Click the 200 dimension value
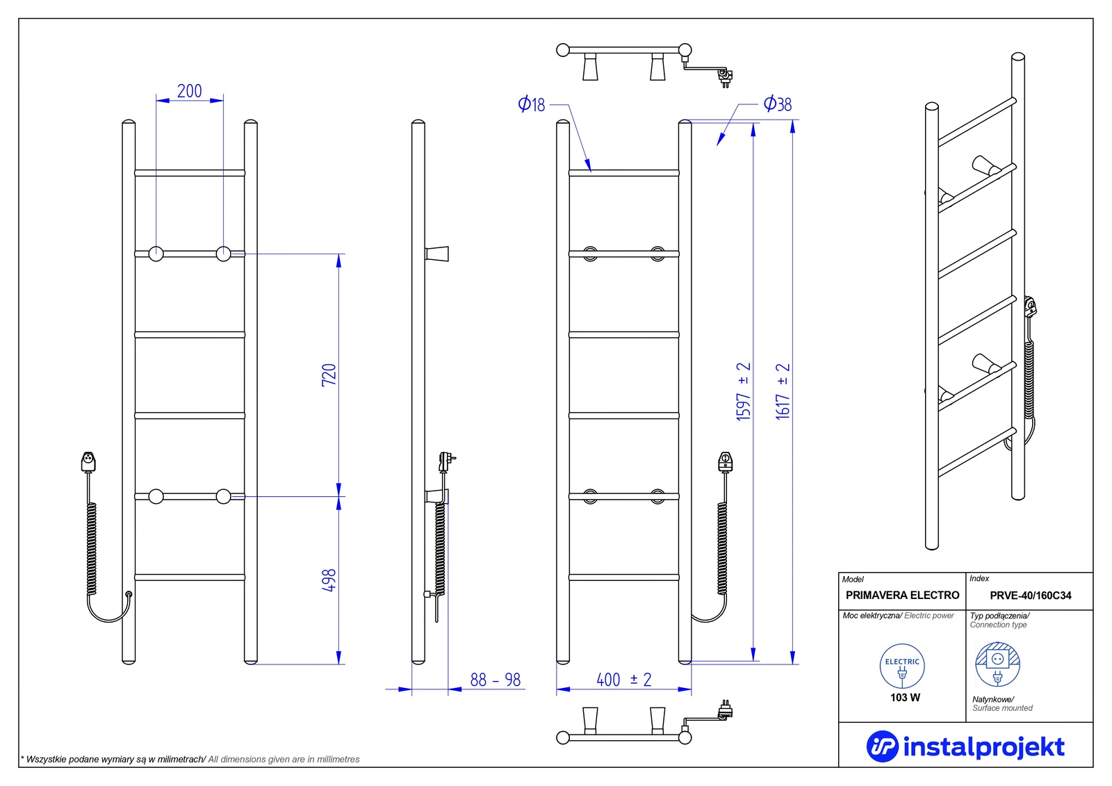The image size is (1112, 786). pyautogui.click(x=189, y=91)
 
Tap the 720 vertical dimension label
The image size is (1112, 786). pyautogui.click(x=329, y=375)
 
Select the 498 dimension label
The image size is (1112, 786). pyautogui.click(x=329, y=580)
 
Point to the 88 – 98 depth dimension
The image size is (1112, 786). pyautogui.click(x=495, y=680)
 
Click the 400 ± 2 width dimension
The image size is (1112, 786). pyautogui.click(x=623, y=680)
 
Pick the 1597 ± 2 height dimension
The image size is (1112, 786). pyautogui.click(x=744, y=391)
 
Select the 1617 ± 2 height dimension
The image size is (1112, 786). pyautogui.click(x=783, y=391)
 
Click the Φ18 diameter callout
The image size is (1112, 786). pyautogui.click(x=532, y=104)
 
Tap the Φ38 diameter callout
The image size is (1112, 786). pyautogui.click(x=778, y=104)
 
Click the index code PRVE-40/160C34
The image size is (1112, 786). pyautogui.click(x=1030, y=596)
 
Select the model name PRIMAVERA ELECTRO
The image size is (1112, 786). pyautogui.click(x=902, y=596)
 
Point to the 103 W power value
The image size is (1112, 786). pyautogui.click(x=905, y=698)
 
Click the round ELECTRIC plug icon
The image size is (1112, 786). pyautogui.click(x=902, y=666)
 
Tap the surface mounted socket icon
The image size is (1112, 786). pyautogui.click(x=997, y=664)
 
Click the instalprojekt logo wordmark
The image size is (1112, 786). pyautogui.click(x=983, y=747)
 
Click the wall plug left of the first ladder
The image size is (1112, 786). pyautogui.click(x=88, y=461)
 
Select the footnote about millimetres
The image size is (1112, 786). pyautogui.click(x=190, y=759)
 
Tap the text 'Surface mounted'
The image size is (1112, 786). pyautogui.click(x=1002, y=708)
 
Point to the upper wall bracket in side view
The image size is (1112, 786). pyautogui.click(x=438, y=254)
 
